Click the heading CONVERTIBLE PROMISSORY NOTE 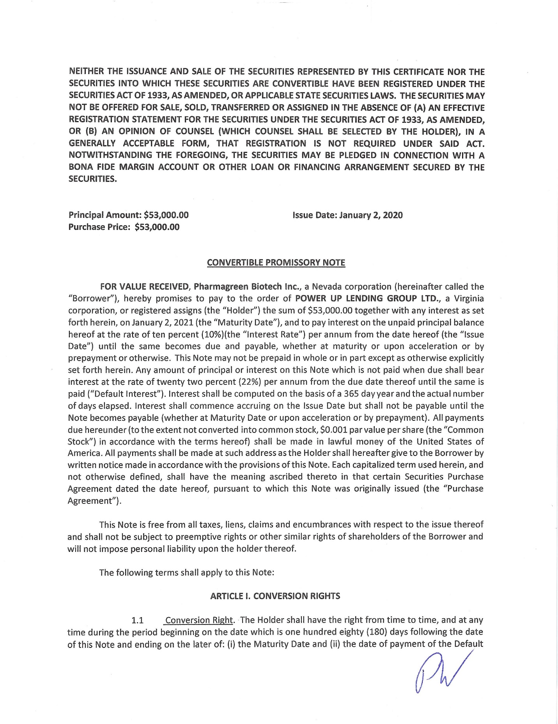[x=276, y=262]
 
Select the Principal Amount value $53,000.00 [x=166, y=215]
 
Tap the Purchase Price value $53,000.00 [x=157, y=227]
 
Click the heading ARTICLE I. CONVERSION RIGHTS [x=275, y=596]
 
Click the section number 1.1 [x=138, y=620]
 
